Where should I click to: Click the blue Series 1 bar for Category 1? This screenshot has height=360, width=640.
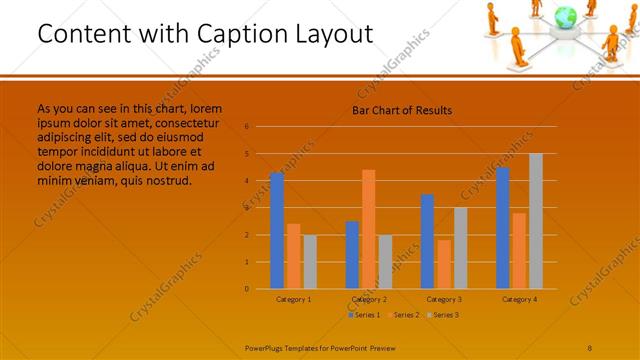(277, 231)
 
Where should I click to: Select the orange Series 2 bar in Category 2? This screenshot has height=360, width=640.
(368, 229)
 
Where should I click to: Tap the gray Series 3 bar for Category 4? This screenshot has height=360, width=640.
(536, 221)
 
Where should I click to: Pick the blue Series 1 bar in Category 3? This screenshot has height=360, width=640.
(428, 241)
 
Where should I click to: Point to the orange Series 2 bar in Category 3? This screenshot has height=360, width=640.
(444, 264)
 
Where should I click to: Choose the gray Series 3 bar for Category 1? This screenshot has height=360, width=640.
(309, 262)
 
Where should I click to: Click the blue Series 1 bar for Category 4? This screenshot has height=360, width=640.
(503, 228)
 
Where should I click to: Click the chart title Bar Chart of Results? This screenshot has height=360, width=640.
(402, 110)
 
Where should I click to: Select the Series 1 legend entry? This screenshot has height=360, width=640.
(363, 315)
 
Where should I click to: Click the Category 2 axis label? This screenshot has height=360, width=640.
(369, 299)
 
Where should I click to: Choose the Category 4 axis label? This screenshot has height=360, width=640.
(519, 299)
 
